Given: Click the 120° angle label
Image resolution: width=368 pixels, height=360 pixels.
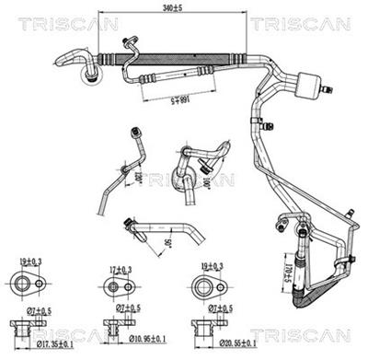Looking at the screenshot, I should pos(138,175).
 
